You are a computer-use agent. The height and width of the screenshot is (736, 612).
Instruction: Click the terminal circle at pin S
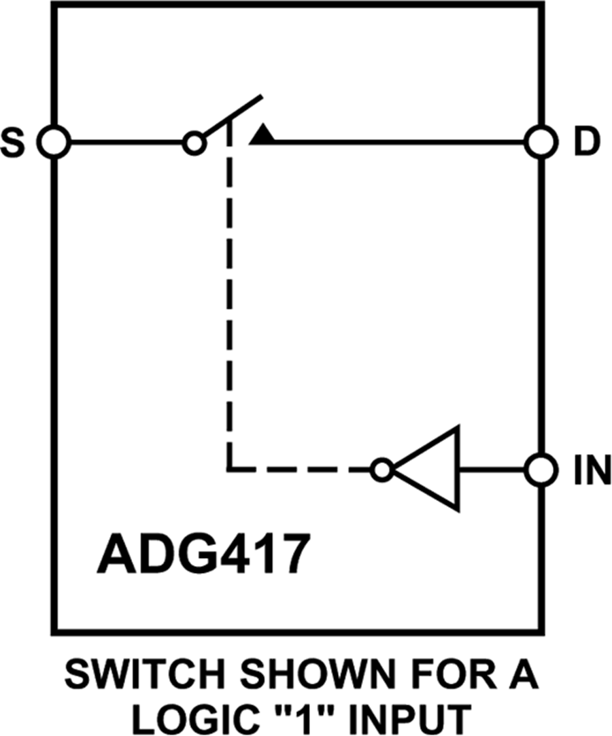coord(53,143)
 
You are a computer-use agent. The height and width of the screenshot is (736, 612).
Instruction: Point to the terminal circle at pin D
coord(542,143)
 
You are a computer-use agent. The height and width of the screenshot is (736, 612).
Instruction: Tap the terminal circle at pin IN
coord(542,469)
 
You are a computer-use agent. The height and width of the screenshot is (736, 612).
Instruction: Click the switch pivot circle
coord(194,143)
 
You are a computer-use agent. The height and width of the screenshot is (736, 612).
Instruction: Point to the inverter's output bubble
coord(382,470)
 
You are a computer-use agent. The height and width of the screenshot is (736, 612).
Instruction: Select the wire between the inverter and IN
coord(493,469)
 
